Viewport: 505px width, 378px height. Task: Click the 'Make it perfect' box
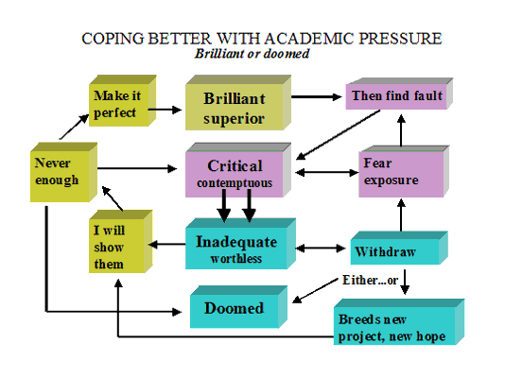pos(122,101)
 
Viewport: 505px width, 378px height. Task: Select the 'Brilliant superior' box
pos(238,103)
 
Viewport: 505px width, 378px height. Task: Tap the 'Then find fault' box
pos(399,94)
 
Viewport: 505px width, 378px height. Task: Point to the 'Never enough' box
pos(63,172)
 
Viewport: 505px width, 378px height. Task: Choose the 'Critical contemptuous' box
pos(238,170)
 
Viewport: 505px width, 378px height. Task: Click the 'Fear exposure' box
pos(404,171)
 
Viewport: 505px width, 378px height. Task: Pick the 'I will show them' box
pos(120,241)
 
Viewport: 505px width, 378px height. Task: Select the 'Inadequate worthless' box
pos(240,244)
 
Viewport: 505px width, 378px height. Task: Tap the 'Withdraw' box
pos(399,248)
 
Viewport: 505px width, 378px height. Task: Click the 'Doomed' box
pos(238,307)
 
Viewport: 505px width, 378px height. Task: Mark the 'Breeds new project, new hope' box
pos(399,322)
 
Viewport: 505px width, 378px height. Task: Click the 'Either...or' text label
pos(370,281)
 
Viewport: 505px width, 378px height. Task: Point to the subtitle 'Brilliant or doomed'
pos(252,54)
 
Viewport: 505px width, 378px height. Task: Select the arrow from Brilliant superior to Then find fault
pos(316,96)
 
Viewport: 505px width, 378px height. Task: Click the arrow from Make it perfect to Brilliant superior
pos(165,110)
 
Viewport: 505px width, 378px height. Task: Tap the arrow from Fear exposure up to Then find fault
pos(401,130)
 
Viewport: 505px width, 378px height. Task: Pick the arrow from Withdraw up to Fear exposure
pos(401,215)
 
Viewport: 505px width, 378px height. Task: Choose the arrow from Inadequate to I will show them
pos(166,245)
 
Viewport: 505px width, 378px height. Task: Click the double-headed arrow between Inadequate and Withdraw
pos(321,248)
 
